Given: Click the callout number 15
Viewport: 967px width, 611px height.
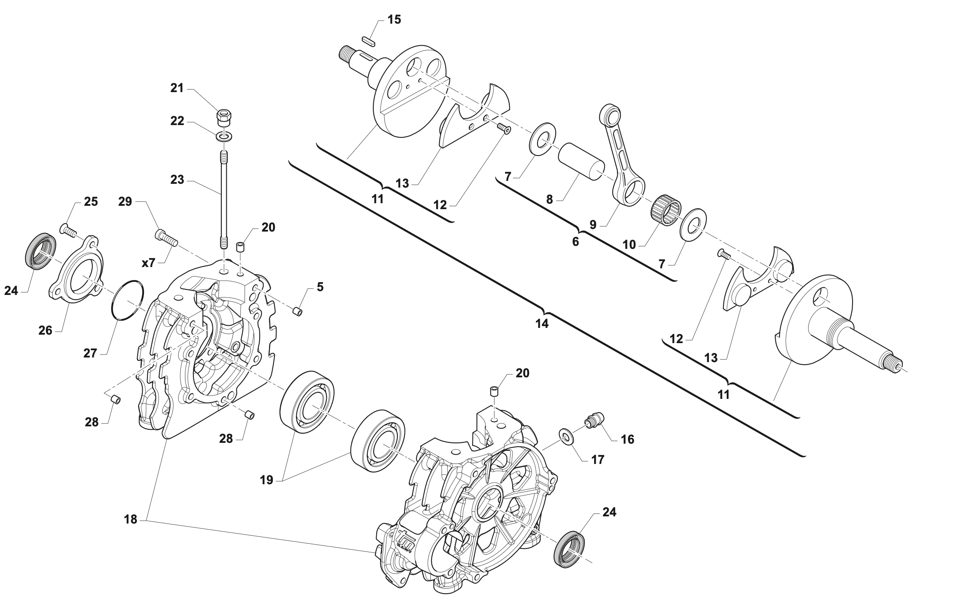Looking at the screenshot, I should coord(394,19).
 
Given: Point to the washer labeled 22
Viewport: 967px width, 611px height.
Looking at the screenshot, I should coord(224,137).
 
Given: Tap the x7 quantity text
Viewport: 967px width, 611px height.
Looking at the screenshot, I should coord(149,263).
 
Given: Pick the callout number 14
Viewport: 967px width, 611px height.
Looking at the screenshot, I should coord(542,324).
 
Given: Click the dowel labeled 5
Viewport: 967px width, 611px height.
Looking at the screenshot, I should coord(298,312).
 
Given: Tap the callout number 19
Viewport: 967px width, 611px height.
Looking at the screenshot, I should coord(267,480).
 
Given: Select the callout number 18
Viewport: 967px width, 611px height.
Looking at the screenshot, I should coord(131,519).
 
